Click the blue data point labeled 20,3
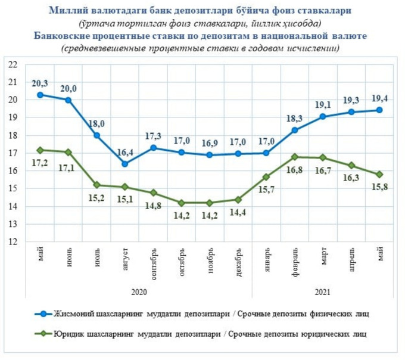(40, 95)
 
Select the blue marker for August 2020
(125, 164)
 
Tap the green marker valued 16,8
(294, 157)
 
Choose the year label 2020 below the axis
(139, 292)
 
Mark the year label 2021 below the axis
(322, 292)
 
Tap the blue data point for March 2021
(322, 117)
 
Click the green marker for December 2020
(238, 199)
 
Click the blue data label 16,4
(125, 153)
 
